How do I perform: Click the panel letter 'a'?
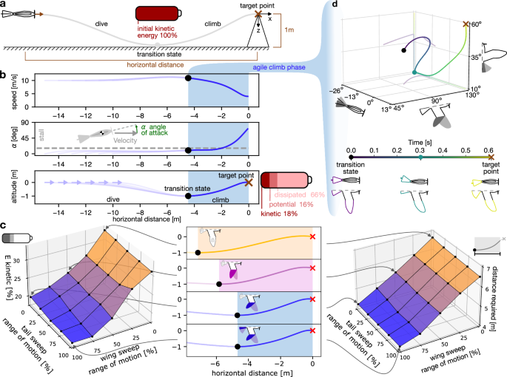(x=4, y=5)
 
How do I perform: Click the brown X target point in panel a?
(x=258, y=14)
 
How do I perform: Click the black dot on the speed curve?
(x=188, y=78)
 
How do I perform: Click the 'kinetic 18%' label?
(x=281, y=214)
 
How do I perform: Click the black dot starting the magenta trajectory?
(x=218, y=284)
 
